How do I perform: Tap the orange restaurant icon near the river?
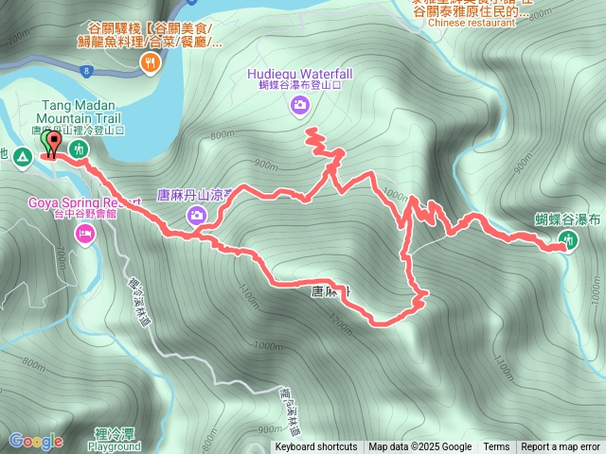pyautogui.click(x=150, y=63)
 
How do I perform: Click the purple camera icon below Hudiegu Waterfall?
pyautogui.click(x=299, y=106)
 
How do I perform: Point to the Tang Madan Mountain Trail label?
pyautogui.click(x=82, y=113)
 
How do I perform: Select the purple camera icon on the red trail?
pyautogui.click(x=196, y=216)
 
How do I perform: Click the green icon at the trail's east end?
pyautogui.click(x=568, y=241)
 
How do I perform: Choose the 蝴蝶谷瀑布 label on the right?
pyautogui.click(x=568, y=219)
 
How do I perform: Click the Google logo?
pyautogui.click(x=35, y=441)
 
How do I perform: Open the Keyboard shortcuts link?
pyautogui.click(x=316, y=447)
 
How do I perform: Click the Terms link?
pyautogui.click(x=496, y=447)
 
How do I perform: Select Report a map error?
pyautogui.click(x=561, y=447)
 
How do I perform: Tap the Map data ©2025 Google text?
pyautogui.click(x=419, y=447)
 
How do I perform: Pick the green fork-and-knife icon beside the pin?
pyautogui.click(x=80, y=149)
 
